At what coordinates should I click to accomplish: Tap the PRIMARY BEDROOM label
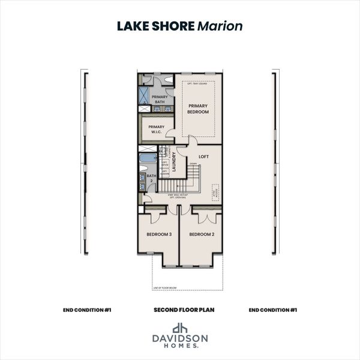click(x=198, y=109)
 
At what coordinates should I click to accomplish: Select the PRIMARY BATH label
click(x=159, y=99)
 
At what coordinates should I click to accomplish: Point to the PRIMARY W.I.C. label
click(x=157, y=129)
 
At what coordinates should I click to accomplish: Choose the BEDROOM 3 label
click(x=159, y=235)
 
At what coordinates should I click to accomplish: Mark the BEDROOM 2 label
click(x=201, y=235)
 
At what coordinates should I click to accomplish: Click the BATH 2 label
click(x=151, y=179)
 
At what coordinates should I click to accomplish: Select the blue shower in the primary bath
click(x=145, y=95)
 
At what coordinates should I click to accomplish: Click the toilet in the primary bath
click(x=169, y=79)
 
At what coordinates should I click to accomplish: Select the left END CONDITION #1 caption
click(x=87, y=310)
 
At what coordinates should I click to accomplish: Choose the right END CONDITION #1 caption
click(x=273, y=310)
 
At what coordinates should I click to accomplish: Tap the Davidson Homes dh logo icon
click(x=180, y=328)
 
